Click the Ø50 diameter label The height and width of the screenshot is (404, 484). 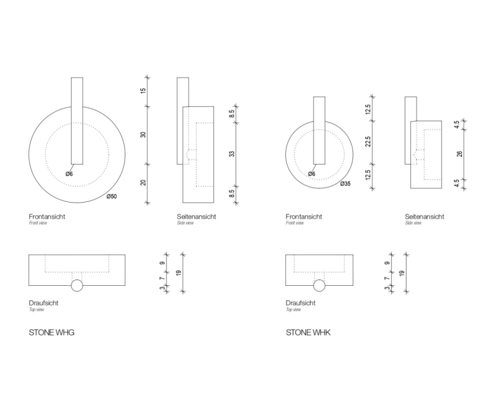click(x=112, y=196)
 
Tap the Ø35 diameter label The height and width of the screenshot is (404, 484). click(x=346, y=184)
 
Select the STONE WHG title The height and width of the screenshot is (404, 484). click(x=51, y=333)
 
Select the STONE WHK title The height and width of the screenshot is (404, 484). click(x=308, y=333)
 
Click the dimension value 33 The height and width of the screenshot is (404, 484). click(x=232, y=153)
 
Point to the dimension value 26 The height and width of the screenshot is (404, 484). click(x=460, y=153)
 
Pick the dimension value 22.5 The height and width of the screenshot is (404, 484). click(x=368, y=142)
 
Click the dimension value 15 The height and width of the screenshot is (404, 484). click(x=143, y=91)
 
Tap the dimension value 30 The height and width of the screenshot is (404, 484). click(x=143, y=135)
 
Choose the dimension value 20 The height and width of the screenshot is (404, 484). click(x=143, y=182)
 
